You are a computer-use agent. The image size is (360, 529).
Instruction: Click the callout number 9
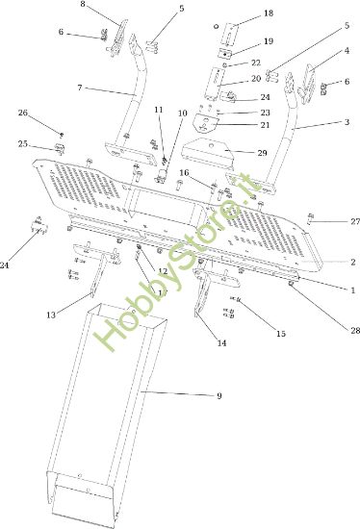[x=219, y=396]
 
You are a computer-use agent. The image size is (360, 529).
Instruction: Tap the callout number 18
[x=268, y=13]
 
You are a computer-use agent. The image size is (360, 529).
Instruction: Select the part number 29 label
[x=262, y=153]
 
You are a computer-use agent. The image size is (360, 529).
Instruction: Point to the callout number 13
[x=50, y=315]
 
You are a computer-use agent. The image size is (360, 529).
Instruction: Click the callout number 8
[x=83, y=5]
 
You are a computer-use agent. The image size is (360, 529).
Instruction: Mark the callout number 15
[x=281, y=333]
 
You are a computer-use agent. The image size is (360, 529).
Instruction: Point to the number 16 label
[x=184, y=173]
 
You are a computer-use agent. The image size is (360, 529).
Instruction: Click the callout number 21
[x=265, y=125]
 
